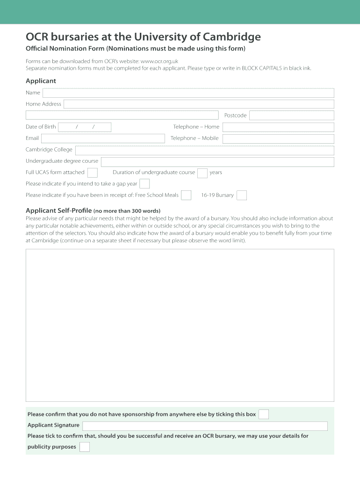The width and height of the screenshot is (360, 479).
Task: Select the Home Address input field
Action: (x=199, y=104)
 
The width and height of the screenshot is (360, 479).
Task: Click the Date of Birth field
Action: (x=84, y=127)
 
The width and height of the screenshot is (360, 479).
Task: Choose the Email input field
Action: (x=103, y=138)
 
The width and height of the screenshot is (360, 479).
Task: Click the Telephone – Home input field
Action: (x=278, y=127)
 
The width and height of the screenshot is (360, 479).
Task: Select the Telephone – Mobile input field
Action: (x=278, y=139)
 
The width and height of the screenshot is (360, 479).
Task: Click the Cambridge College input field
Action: (x=204, y=150)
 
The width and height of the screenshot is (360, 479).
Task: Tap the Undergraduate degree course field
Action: (x=217, y=162)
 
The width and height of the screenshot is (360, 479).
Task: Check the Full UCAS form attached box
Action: (x=93, y=173)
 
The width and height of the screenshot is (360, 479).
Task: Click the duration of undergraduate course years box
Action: (x=202, y=173)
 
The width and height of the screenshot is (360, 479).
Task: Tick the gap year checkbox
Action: (x=145, y=184)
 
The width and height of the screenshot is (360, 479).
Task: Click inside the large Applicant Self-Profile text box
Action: (x=180, y=325)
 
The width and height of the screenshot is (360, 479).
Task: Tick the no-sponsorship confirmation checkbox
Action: (x=264, y=414)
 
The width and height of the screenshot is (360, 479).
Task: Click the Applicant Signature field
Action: (x=205, y=426)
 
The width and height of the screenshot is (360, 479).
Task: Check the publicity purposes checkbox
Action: (x=85, y=447)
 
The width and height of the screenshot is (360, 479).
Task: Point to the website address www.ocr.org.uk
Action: (x=159, y=61)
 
